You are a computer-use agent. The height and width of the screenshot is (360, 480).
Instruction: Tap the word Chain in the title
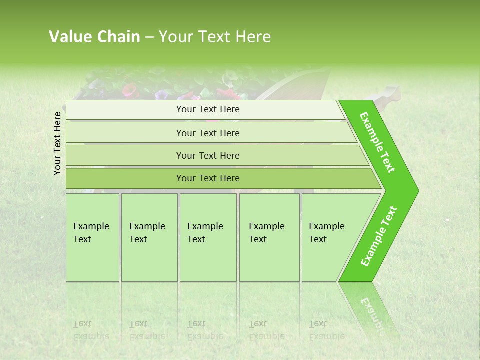coord(118,37)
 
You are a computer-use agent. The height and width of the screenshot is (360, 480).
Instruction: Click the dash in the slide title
coord(149,37)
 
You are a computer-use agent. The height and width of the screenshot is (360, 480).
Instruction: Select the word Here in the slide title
coord(253,37)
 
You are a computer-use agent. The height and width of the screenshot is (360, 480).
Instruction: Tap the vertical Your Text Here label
coord(57,143)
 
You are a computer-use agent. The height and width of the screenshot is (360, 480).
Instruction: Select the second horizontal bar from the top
coord(207,133)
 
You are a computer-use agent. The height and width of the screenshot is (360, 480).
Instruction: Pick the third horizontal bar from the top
coord(207,155)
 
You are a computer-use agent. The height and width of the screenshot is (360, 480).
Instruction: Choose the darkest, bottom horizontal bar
coord(207,178)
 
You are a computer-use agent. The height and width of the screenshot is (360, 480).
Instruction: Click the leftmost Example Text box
coord(92,237)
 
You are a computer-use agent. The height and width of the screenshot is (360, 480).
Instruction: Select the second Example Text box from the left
coord(149,237)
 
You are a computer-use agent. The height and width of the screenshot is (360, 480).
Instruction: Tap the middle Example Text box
coord(208,237)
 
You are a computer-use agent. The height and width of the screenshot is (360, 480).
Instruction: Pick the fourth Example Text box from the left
coord(269,237)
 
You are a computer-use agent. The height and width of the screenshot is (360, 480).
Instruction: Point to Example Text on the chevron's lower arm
coord(378,236)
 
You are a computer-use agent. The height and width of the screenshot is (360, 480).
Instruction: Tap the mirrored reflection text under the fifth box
coord(326,330)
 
